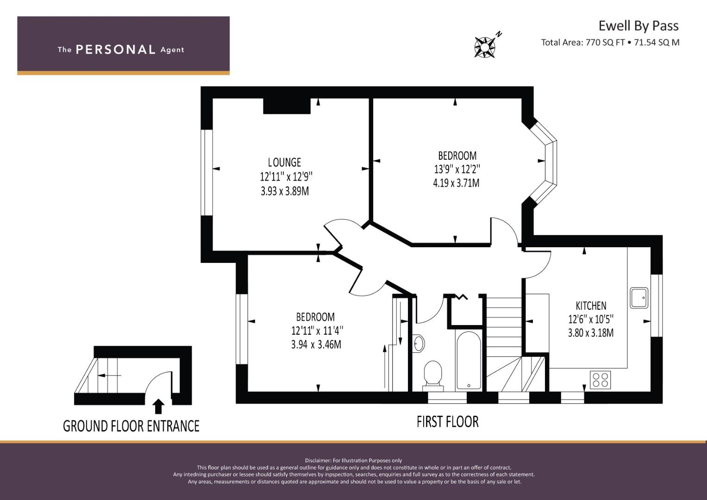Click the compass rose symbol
(x=485, y=47)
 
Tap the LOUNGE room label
(x=284, y=162)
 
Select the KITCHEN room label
(x=591, y=306)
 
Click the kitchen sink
(x=639, y=298)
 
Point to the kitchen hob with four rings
(x=601, y=380)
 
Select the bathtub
(x=469, y=361)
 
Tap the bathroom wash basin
(x=419, y=343)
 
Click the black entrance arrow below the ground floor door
(x=158, y=406)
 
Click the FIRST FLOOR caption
(x=448, y=422)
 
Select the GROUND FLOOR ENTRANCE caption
(x=131, y=426)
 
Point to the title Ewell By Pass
(x=638, y=26)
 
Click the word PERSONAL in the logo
(x=116, y=50)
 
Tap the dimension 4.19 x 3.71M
(x=456, y=183)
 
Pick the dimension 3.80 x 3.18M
(x=591, y=333)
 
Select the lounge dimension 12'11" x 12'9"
(x=286, y=177)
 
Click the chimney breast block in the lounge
(x=287, y=106)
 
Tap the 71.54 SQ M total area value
(x=657, y=43)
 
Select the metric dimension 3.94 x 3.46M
(x=316, y=344)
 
